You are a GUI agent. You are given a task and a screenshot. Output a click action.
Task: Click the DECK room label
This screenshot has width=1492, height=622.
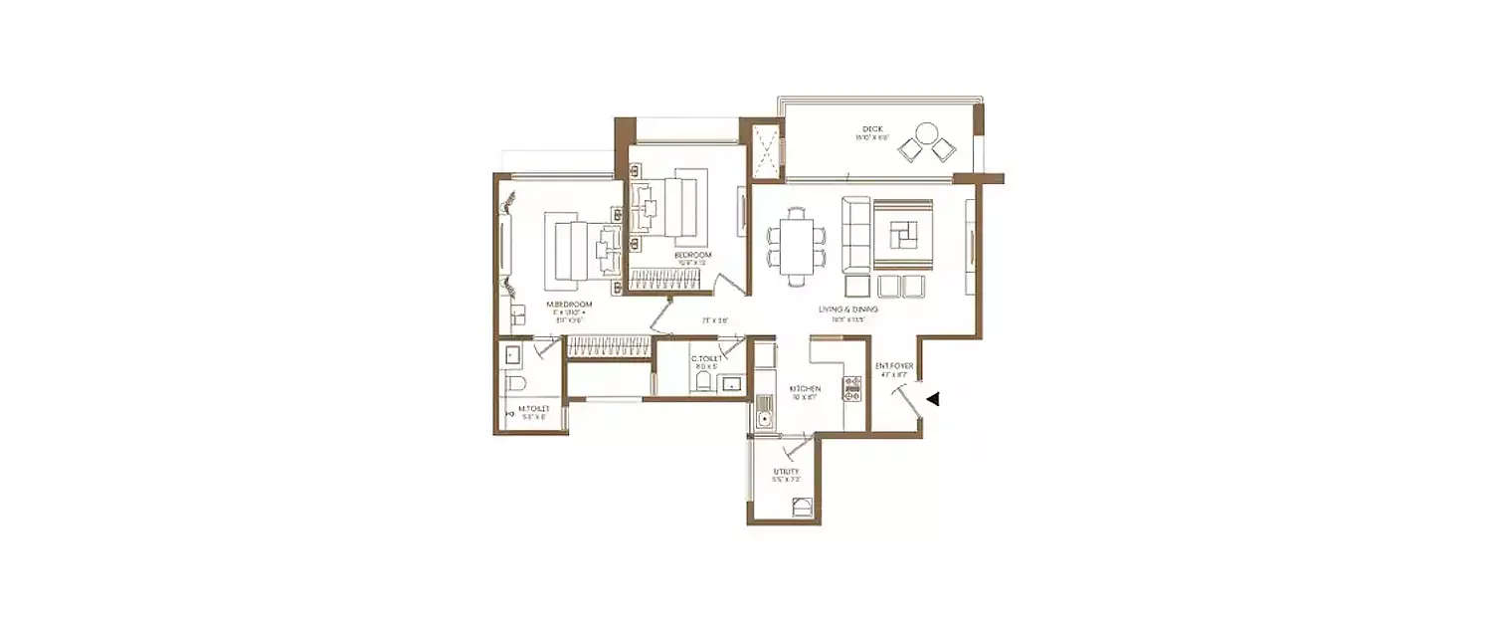(x=871, y=128)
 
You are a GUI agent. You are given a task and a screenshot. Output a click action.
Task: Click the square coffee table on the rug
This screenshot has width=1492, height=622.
(x=903, y=234)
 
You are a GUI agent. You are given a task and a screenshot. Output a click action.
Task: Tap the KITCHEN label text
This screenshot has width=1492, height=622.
(x=804, y=388)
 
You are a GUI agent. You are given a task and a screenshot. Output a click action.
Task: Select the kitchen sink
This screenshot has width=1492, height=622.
(x=763, y=411)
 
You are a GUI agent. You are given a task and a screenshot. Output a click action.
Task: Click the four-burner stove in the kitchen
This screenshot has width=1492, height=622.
(x=852, y=388)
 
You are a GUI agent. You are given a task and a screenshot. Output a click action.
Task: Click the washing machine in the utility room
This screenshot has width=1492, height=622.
(x=801, y=510)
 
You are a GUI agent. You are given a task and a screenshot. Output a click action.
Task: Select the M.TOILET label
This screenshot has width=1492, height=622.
(x=532, y=408)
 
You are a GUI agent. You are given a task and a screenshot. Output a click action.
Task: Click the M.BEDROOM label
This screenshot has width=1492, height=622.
(x=568, y=304)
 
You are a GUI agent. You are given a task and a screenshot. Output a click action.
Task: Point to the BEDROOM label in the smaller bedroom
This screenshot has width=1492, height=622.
(x=692, y=256)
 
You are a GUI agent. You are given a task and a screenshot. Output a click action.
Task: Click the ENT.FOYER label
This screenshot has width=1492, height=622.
(x=894, y=366)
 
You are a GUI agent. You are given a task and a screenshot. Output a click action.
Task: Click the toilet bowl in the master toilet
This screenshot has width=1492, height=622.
(x=514, y=384)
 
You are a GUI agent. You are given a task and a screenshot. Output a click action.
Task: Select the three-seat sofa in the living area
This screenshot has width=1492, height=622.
(x=855, y=234)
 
